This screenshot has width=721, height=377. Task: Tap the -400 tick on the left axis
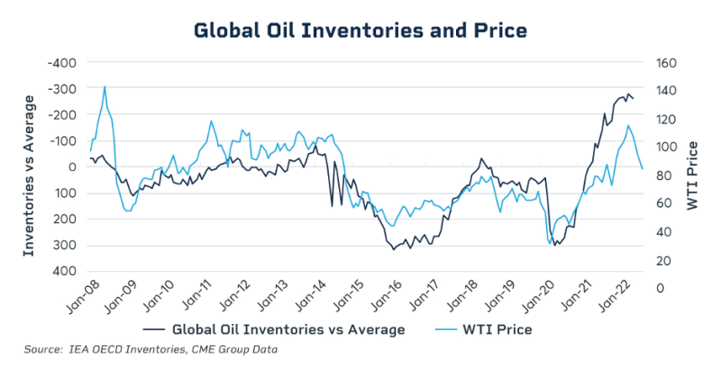[x=61, y=63]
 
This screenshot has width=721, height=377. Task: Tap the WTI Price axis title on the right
[x=692, y=175]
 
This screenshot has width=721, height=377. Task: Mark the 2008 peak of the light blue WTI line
[x=105, y=87]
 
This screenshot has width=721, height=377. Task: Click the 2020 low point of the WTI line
[x=550, y=243]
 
